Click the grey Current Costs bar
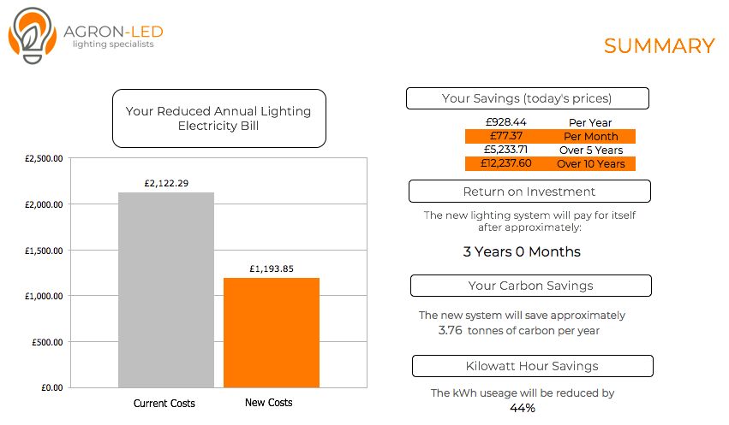[166, 290]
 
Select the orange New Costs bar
[272, 333]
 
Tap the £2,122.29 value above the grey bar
[166, 183]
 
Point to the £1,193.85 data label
[272, 269]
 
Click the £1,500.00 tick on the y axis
[44, 251]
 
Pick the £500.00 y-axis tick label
[47, 342]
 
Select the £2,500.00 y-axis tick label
[44, 159]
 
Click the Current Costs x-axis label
[164, 403]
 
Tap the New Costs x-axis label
[269, 402]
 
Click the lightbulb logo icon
[32, 35]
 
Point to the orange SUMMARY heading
[660, 46]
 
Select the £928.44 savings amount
[505, 122]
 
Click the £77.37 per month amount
[505, 136]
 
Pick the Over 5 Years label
[591, 150]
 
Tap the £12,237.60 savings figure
[505, 163]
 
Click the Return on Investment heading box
[529, 192]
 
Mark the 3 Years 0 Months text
[522, 251]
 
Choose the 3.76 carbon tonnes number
[450, 330]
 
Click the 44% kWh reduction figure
[522, 408]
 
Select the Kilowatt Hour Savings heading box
[532, 366]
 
